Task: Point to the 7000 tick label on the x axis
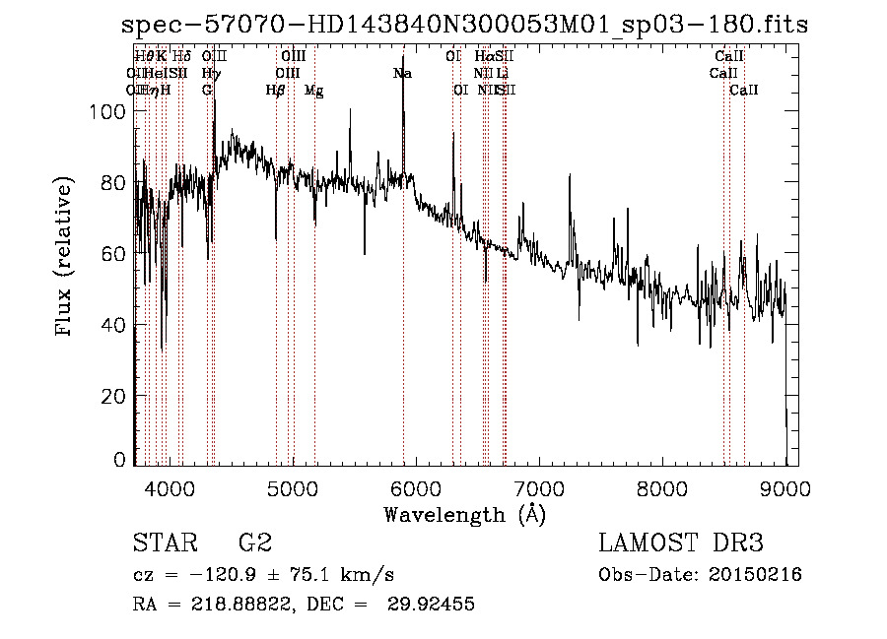(x=539, y=488)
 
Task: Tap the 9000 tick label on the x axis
(x=785, y=488)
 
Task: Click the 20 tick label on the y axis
(x=115, y=396)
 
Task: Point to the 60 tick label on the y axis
(x=115, y=254)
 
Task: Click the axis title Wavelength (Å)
(x=464, y=514)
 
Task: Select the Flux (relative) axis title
(x=65, y=258)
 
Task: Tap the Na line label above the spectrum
(x=402, y=74)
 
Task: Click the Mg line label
(x=313, y=91)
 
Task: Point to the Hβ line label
(x=276, y=91)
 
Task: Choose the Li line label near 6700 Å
(x=503, y=74)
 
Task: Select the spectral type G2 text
(x=254, y=543)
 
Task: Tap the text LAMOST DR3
(x=681, y=543)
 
